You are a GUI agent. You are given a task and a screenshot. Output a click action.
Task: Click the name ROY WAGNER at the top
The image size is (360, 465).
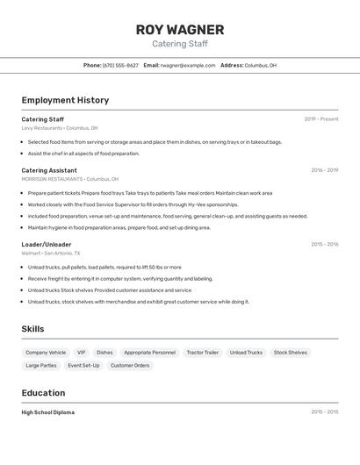(x=179, y=29)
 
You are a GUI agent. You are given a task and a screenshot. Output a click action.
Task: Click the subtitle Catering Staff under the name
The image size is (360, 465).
(x=179, y=44)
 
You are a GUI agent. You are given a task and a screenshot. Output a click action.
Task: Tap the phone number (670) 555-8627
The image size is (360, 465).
(x=120, y=65)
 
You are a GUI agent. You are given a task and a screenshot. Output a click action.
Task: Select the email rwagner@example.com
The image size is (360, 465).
(x=187, y=65)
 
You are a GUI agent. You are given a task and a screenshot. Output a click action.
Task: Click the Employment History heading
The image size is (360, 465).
(x=65, y=100)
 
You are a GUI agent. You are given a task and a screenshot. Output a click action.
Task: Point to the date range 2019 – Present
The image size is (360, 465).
(x=320, y=119)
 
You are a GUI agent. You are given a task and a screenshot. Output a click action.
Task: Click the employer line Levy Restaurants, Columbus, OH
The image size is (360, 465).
(x=60, y=128)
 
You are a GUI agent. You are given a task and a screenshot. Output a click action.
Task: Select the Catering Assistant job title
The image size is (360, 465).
(x=49, y=170)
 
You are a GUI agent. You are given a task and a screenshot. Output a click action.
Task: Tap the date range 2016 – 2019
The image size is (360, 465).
(x=324, y=170)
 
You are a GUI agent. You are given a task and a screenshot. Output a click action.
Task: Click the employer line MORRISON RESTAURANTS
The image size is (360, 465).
(x=67, y=179)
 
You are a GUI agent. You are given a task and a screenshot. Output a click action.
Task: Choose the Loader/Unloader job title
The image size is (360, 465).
(x=47, y=244)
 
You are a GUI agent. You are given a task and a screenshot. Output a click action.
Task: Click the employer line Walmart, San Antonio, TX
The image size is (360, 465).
(x=51, y=253)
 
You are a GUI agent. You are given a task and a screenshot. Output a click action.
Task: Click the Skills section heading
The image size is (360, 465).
(x=33, y=329)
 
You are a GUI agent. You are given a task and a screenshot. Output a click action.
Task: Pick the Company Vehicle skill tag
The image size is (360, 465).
(x=46, y=353)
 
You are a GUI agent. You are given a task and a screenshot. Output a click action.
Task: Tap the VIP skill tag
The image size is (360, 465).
(x=81, y=353)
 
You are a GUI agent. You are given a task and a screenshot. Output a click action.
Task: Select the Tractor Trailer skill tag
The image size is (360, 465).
(x=202, y=353)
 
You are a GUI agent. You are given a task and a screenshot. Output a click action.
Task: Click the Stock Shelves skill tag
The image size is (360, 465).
(x=290, y=353)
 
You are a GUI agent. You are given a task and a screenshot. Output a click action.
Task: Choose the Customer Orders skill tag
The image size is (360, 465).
(x=129, y=365)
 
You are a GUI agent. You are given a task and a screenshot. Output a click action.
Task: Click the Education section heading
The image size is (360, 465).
(x=43, y=393)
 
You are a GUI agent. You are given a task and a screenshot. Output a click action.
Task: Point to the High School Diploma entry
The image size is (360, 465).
(x=48, y=412)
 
